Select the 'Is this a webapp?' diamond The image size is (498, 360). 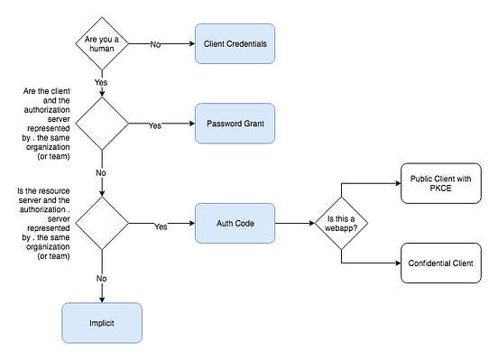tap(341, 223)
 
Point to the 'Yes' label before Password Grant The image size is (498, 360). tap(155, 125)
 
